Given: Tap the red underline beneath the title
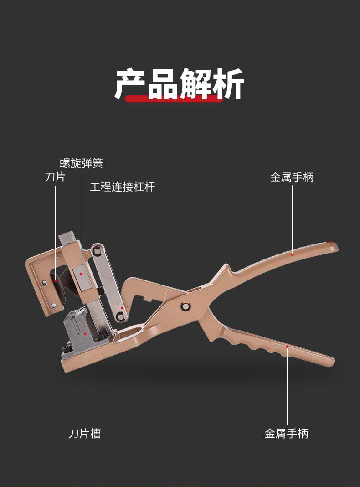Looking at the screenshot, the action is [x=174, y=98].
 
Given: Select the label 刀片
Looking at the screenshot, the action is [x=55, y=177].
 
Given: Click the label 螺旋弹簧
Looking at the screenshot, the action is [x=82, y=163].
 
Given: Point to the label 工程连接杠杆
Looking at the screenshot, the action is [x=122, y=187].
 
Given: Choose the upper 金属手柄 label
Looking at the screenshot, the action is [x=292, y=177].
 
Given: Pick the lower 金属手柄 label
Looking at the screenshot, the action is [x=286, y=433].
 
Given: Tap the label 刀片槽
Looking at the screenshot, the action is [x=84, y=433].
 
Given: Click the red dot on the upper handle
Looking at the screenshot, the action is [x=292, y=249].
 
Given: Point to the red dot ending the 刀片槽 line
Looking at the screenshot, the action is [x=85, y=333].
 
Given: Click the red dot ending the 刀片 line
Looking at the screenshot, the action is [x=56, y=281].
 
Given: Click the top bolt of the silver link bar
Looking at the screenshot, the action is [x=97, y=250].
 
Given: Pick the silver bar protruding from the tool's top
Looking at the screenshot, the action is [x=67, y=238].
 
